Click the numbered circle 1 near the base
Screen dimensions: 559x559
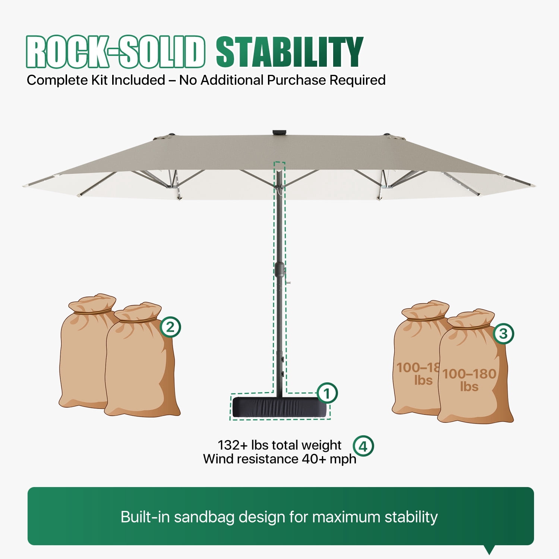tap(327, 393)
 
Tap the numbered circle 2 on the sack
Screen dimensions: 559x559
tap(170, 327)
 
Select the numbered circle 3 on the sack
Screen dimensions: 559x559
tap(503, 334)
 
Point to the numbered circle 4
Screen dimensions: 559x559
tap(363, 446)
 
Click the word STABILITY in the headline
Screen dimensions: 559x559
tap(290, 52)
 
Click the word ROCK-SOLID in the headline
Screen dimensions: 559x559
tap(116, 52)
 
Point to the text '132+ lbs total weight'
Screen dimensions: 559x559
tap(279, 445)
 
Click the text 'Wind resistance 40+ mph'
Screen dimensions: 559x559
tap(279, 459)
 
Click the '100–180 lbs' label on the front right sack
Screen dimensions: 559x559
tap(469, 380)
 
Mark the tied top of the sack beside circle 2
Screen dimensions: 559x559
tap(138, 312)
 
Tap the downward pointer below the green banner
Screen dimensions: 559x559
tap(489, 550)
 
